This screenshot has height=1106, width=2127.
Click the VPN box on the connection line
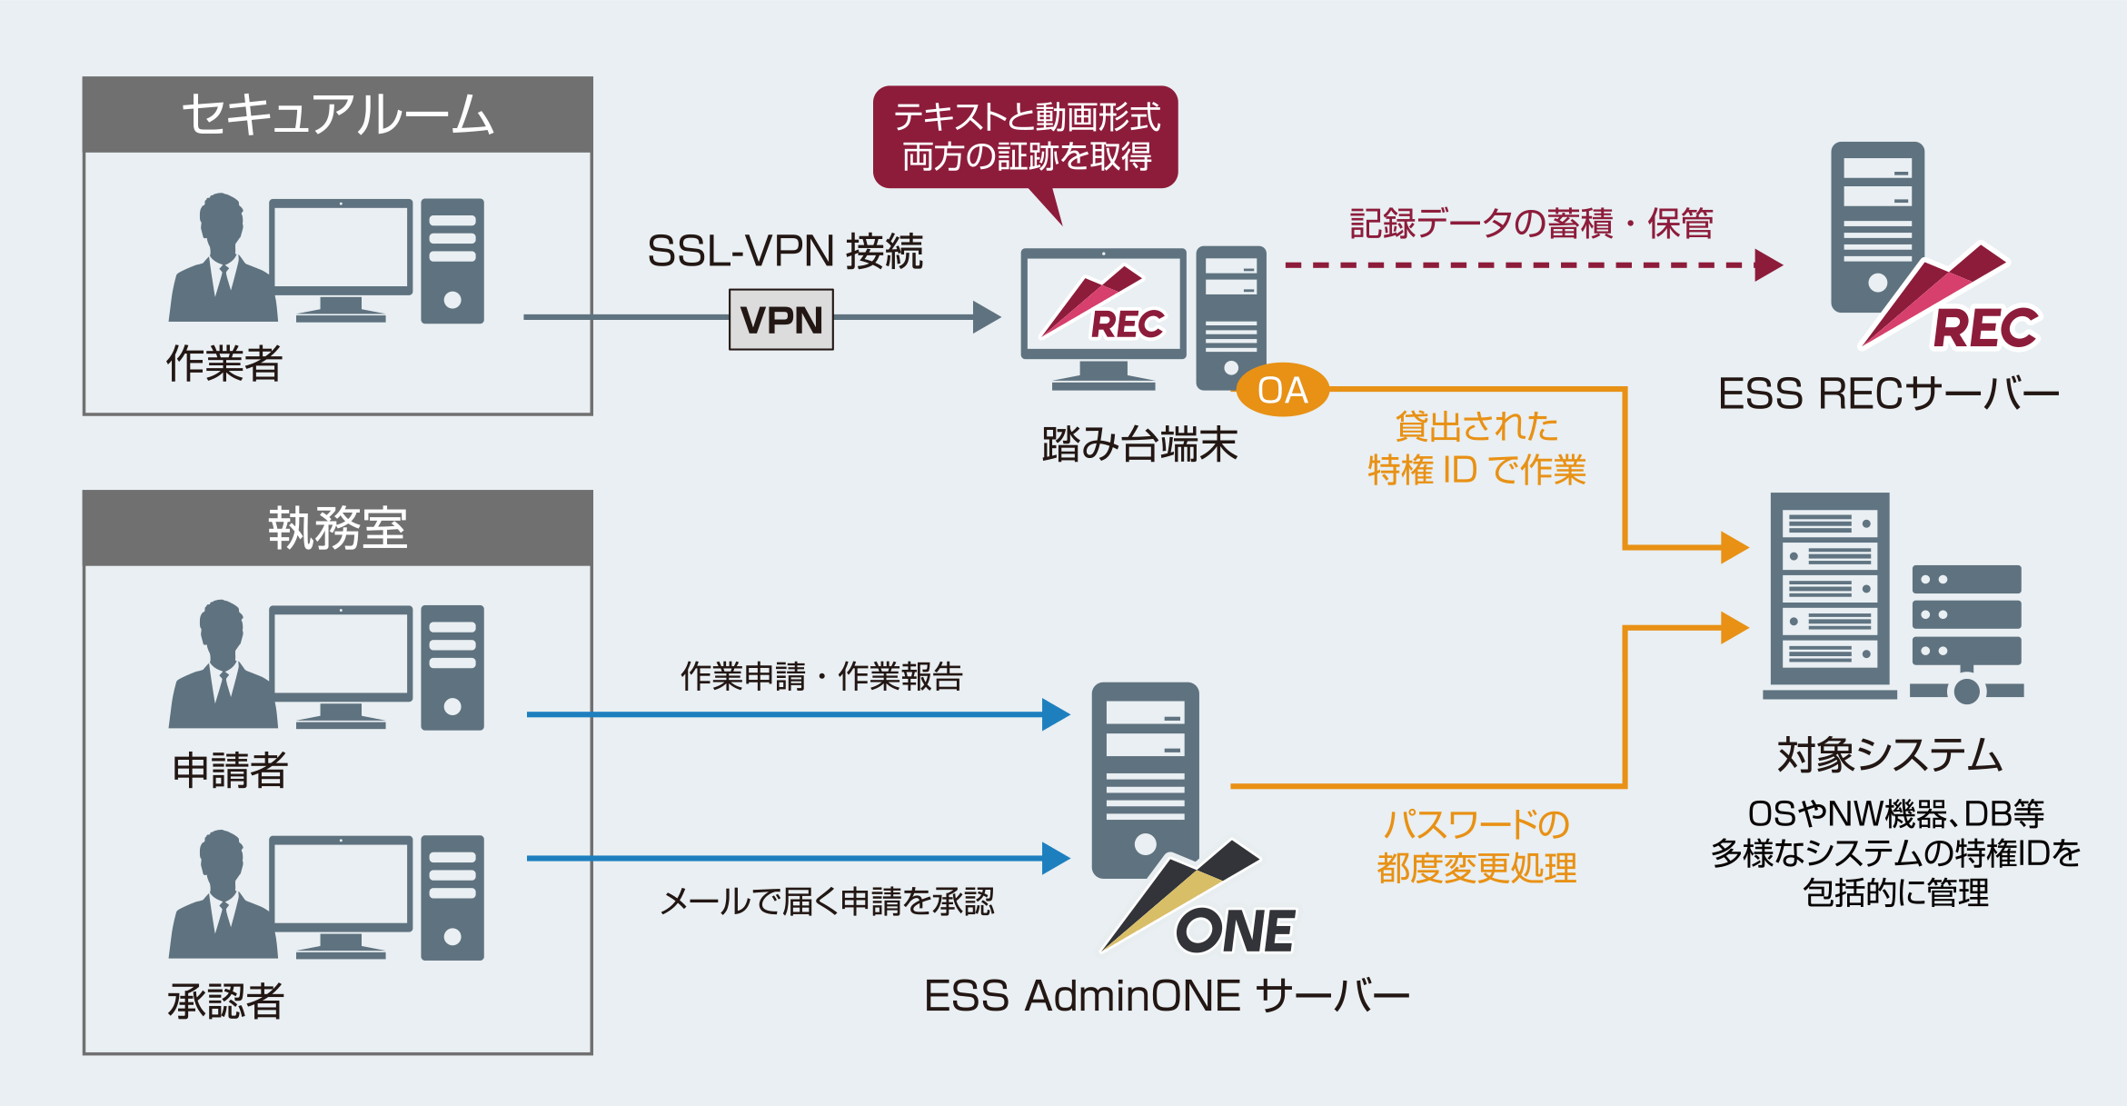(x=780, y=320)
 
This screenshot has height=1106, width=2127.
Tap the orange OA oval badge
(x=1282, y=391)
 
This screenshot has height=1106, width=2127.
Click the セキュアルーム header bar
(x=337, y=115)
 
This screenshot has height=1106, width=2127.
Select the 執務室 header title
(x=337, y=528)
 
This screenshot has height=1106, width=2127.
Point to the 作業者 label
(x=224, y=364)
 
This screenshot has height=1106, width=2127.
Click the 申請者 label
(x=230, y=771)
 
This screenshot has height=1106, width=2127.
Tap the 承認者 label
(x=225, y=1001)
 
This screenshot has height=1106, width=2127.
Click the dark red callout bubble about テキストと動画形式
(x=1026, y=137)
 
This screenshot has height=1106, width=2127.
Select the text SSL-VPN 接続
(x=784, y=252)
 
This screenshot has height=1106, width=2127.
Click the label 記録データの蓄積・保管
(x=1531, y=224)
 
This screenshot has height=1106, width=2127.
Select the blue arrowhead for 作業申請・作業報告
(x=1055, y=714)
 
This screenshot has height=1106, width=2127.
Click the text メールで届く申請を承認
(x=827, y=902)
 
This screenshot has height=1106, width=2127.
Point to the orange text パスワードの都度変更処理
(x=1476, y=846)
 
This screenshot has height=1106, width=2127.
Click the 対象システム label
(x=1890, y=755)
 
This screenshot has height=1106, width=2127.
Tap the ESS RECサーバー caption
(x=1888, y=394)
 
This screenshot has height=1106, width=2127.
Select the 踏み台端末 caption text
(x=1139, y=445)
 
